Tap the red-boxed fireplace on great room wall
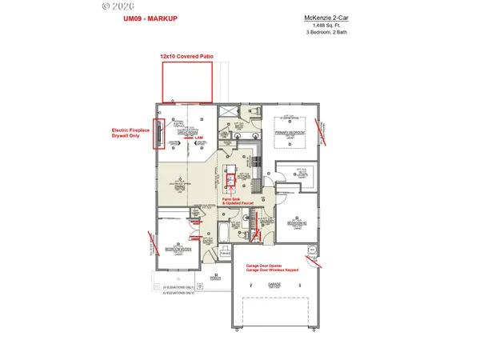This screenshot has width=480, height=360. (160, 134)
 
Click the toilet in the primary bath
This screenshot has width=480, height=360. (255, 113)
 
